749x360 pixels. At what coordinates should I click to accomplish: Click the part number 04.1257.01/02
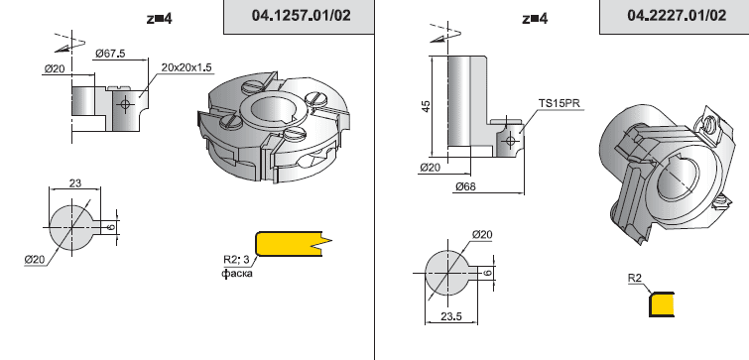coord(301,15)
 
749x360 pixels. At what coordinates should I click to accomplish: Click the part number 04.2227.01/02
coord(677,15)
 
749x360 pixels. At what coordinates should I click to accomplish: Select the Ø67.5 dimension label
coord(110,53)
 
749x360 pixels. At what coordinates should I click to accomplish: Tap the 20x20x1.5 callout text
coord(187,67)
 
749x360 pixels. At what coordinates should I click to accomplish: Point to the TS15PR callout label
coord(560,103)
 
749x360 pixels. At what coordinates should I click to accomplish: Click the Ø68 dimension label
coord(465,186)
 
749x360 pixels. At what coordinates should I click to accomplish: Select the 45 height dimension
coord(426,105)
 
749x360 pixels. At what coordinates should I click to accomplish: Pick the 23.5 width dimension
coord(451,316)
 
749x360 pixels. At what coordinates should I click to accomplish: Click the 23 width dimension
coord(75,182)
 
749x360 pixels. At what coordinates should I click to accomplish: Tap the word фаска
coord(236,273)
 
